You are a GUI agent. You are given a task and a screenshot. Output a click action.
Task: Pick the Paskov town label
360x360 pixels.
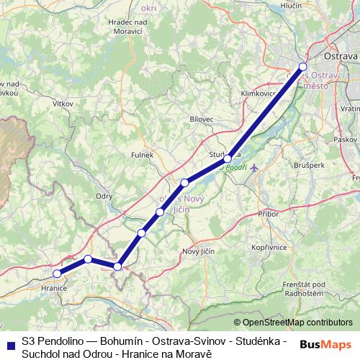point(346,138)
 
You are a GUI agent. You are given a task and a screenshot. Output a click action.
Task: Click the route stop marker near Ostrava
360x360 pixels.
point(302,67)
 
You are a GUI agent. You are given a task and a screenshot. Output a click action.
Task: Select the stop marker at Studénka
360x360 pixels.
point(228,158)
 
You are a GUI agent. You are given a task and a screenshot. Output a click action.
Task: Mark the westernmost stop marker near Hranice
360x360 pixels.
point(57,273)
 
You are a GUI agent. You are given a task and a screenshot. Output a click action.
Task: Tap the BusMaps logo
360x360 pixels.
point(325,344)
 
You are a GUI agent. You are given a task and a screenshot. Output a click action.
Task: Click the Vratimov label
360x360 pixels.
point(350,108)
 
